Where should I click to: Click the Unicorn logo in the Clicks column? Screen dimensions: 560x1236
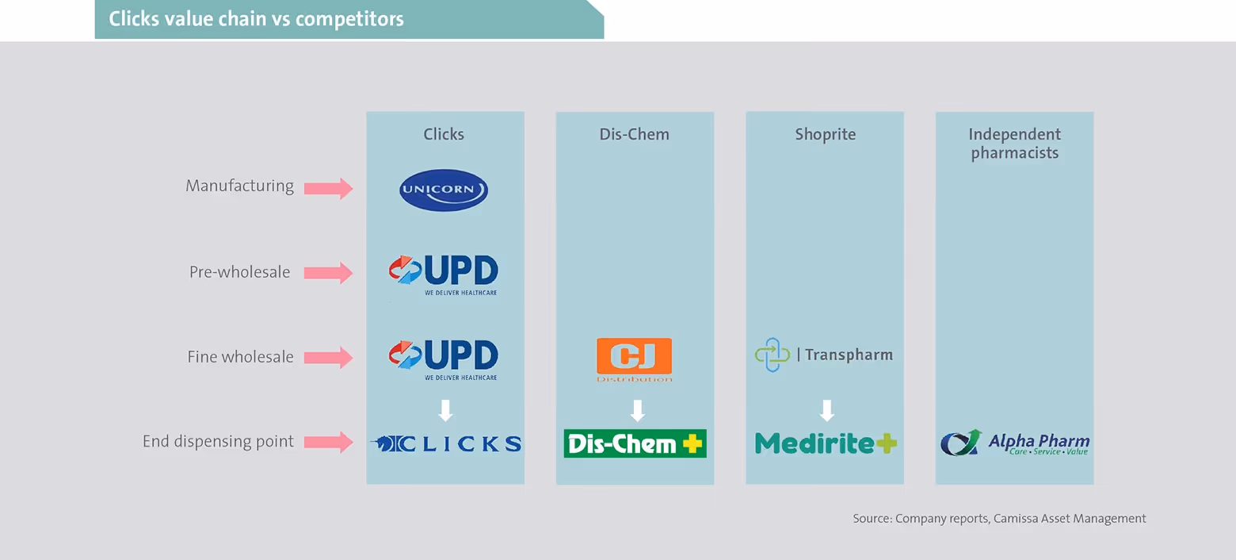(443, 190)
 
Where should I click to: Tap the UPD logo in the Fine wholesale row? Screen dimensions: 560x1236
(444, 359)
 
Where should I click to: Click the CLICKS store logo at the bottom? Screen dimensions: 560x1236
(447, 444)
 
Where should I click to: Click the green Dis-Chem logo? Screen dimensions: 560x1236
(635, 443)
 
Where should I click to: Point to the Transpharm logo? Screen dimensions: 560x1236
(824, 355)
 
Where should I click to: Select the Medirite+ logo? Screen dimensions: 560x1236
(826, 443)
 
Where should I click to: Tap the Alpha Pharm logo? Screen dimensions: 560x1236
(1015, 443)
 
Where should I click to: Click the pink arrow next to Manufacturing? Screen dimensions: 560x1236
(328, 188)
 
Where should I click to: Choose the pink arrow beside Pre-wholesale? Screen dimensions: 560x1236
(328, 273)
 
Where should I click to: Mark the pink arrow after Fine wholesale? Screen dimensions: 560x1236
(328, 358)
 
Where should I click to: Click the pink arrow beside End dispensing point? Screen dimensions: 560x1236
(328, 443)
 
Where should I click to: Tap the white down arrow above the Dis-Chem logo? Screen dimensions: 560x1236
(637, 411)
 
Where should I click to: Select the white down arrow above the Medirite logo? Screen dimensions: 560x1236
(827, 411)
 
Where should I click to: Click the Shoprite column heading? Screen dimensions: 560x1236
(826, 134)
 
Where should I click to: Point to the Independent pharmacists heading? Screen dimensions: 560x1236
(1014, 144)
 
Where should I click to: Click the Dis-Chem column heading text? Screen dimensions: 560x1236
(634, 134)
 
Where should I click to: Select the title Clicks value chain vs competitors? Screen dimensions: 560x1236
(256, 19)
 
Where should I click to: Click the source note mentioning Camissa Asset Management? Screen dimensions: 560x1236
(999, 519)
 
